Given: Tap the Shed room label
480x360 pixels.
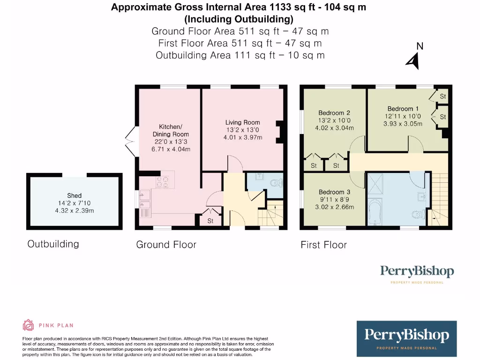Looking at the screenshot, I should (x=74, y=195).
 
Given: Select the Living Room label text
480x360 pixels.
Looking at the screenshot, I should (x=242, y=122).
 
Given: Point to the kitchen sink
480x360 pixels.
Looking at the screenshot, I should (x=145, y=199).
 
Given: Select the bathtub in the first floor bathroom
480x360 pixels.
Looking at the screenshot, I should (x=375, y=213).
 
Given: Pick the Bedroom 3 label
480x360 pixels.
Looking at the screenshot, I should (x=334, y=192).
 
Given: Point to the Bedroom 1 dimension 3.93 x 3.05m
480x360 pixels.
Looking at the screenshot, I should (x=403, y=124).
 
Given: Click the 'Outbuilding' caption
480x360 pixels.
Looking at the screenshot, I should (x=53, y=244).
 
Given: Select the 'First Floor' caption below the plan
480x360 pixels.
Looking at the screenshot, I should (x=323, y=245).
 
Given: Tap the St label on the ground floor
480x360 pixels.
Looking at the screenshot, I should (x=210, y=220).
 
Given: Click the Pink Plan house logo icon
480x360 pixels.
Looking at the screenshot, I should (x=28, y=325).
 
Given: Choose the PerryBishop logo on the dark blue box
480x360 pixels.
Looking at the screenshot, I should (x=406, y=336).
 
